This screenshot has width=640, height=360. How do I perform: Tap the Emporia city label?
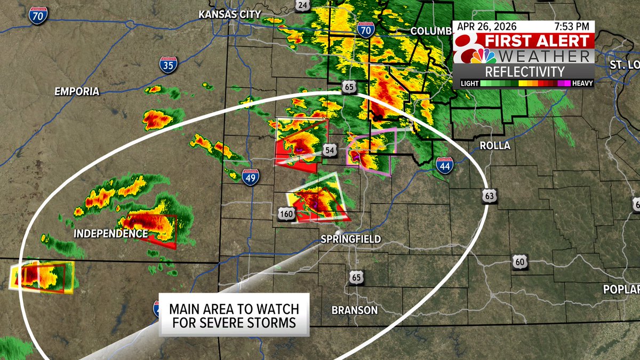(77, 92)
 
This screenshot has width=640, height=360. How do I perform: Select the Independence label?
(110, 234)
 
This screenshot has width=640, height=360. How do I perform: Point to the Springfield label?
(350, 239)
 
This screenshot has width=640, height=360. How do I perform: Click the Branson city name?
(354, 310)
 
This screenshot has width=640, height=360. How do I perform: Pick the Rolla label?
(494, 146)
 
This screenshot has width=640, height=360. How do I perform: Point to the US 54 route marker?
(330, 151)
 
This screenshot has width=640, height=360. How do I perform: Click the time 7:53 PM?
(573, 26)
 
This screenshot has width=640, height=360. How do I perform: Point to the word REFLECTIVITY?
(525, 72)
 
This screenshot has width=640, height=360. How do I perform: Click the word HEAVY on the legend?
(582, 83)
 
